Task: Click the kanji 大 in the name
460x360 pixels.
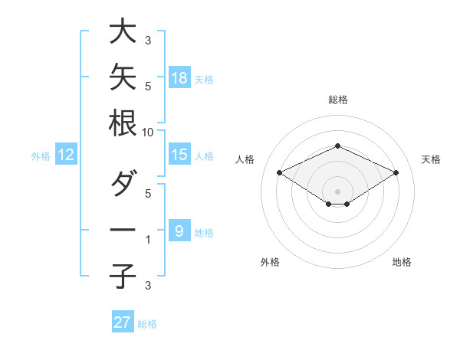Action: (123, 31)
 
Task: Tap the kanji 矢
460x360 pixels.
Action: (123, 77)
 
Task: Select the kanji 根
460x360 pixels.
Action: (123, 123)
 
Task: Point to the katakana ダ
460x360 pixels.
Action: (124, 182)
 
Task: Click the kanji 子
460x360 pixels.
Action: (123, 276)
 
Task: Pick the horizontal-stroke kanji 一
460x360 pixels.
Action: (123, 230)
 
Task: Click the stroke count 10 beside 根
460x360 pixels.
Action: (147, 133)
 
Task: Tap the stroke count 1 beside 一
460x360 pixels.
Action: (148, 240)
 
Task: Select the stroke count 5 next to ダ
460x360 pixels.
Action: (148, 194)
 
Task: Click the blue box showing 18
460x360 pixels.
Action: (179, 77)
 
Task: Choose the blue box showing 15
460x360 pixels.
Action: (179, 154)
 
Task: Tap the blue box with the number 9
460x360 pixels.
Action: (179, 230)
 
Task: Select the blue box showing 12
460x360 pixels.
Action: (66, 154)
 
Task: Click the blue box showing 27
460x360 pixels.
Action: (123, 321)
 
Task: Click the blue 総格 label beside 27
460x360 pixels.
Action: (147, 324)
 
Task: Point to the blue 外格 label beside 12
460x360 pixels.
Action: (41, 156)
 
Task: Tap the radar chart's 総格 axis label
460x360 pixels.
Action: (338, 100)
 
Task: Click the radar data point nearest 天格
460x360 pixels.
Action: (396, 172)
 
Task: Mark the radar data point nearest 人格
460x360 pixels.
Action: (280, 172)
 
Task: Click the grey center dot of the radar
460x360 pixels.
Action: (337, 191)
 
